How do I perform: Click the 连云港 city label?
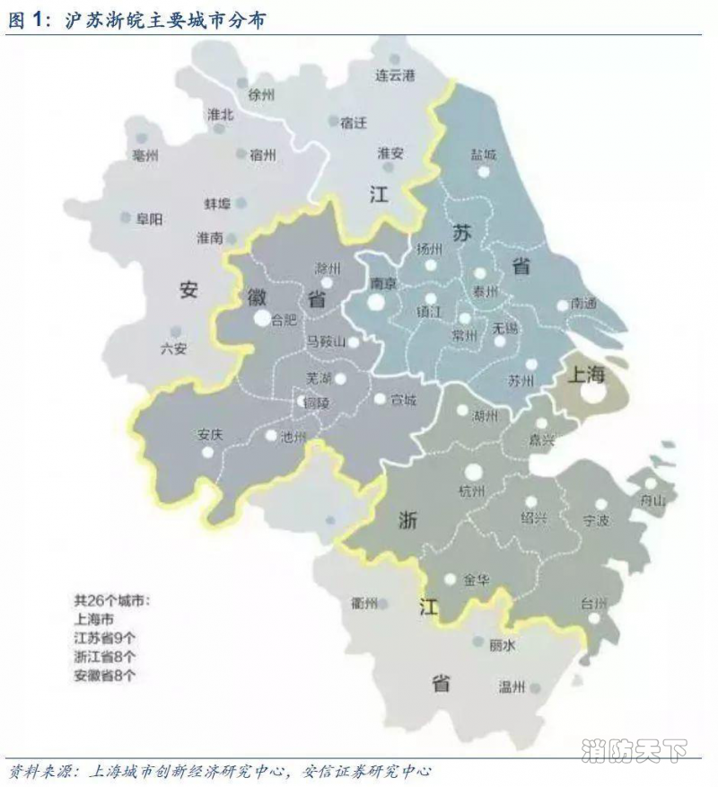(396, 75)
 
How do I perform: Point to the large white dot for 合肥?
(261, 318)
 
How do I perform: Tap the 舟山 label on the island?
(660, 500)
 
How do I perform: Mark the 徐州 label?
(261, 94)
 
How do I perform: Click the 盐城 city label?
(483, 155)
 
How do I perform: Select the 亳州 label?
(144, 156)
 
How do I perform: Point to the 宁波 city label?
(596, 520)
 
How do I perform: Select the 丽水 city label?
(503, 645)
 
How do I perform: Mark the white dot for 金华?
(451, 579)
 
